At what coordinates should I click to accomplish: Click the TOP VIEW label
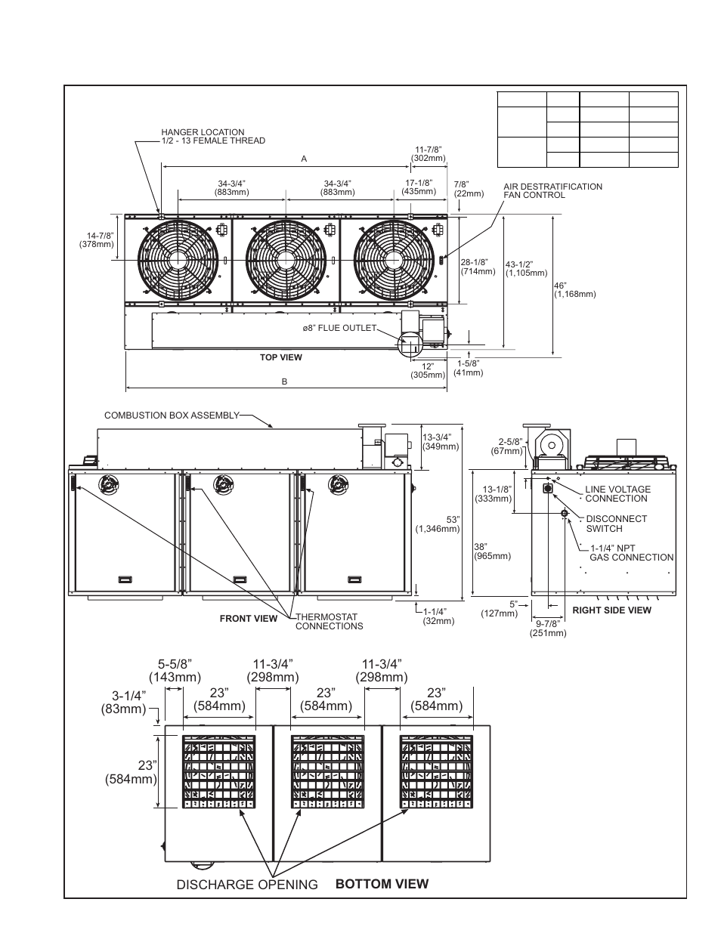tap(280, 357)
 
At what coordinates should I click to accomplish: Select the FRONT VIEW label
tap(249, 619)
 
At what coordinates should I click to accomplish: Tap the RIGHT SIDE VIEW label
tap(611, 610)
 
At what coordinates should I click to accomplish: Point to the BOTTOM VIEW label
tap(382, 884)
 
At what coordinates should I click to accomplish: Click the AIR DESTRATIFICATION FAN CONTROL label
tap(552, 190)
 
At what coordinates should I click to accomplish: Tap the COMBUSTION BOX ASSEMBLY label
tap(172, 415)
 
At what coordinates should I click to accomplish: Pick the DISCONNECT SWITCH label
tap(616, 524)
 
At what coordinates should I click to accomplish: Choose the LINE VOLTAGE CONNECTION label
tap(616, 494)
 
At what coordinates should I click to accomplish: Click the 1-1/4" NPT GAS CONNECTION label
tap(631, 553)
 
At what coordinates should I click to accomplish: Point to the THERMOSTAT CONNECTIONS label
tap(329, 622)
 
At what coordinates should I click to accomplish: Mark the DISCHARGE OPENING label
tap(247, 885)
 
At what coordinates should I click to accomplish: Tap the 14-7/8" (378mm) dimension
tap(96, 240)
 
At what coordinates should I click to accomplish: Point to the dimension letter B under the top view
tap(285, 382)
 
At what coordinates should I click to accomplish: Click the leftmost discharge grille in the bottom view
tap(218, 772)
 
